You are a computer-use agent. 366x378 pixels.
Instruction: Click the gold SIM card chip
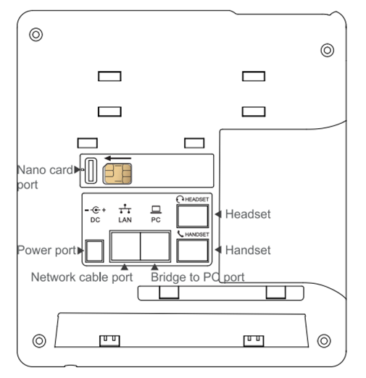(x=117, y=174)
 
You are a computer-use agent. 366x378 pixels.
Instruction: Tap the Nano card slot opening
(x=91, y=171)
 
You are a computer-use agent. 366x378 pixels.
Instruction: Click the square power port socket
(x=94, y=251)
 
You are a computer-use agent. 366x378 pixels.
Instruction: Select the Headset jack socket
(x=193, y=216)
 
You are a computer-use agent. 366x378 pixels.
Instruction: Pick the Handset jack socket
(x=193, y=251)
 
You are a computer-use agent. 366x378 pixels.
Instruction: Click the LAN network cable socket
(x=125, y=246)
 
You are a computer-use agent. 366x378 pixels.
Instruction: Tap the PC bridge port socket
(x=155, y=246)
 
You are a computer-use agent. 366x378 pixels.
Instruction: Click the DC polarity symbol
(x=95, y=210)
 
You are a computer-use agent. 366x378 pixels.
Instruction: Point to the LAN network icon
(x=125, y=209)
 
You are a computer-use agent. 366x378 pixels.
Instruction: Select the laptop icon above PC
(x=156, y=209)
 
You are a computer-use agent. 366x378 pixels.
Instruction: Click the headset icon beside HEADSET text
(x=180, y=199)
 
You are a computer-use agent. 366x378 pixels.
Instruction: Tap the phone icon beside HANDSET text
(x=180, y=234)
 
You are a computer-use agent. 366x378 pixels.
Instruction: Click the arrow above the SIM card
(x=117, y=159)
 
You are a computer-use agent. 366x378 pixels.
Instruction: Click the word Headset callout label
(x=248, y=214)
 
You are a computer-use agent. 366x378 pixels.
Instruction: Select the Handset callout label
(x=248, y=250)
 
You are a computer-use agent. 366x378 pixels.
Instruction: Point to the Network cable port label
(x=82, y=277)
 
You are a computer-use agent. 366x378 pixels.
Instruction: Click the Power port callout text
(x=47, y=251)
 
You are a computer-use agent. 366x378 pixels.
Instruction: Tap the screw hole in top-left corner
(x=36, y=35)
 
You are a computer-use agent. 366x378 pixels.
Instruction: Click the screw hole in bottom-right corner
(x=324, y=341)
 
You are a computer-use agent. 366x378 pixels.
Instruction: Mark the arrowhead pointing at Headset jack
(x=218, y=214)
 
